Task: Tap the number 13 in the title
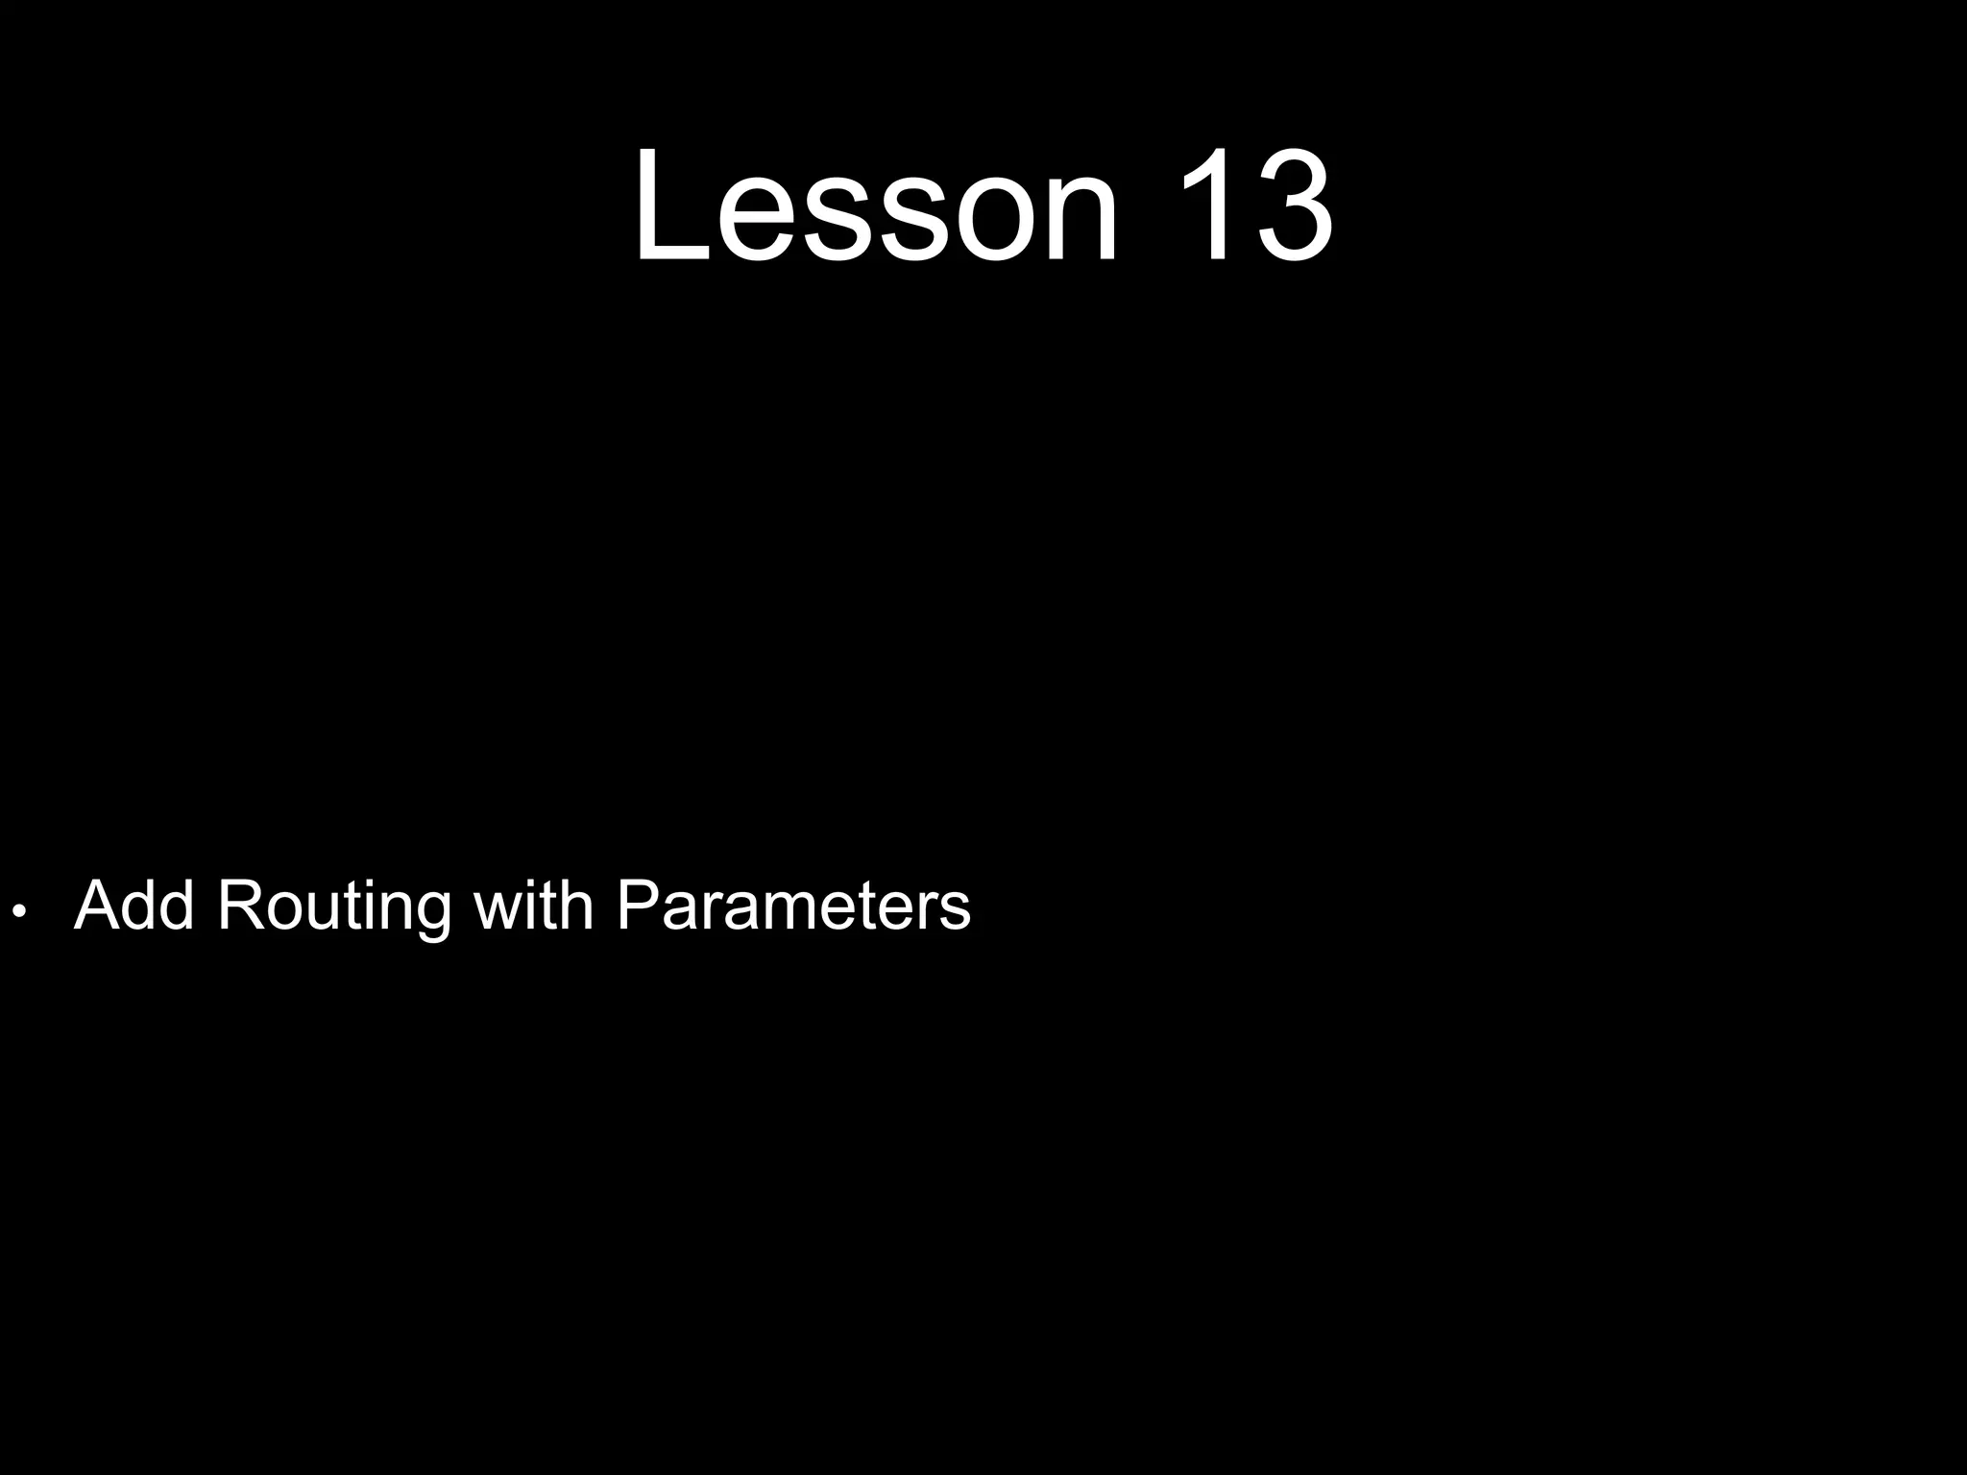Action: click(1253, 206)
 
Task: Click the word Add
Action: click(134, 905)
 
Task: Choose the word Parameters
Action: click(793, 905)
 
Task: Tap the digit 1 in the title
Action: click(1205, 206)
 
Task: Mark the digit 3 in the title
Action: click(1292, 206)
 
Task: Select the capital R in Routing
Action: click(240, 905)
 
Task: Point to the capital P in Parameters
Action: click(638, 905)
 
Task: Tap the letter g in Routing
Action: click(429, 912)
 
